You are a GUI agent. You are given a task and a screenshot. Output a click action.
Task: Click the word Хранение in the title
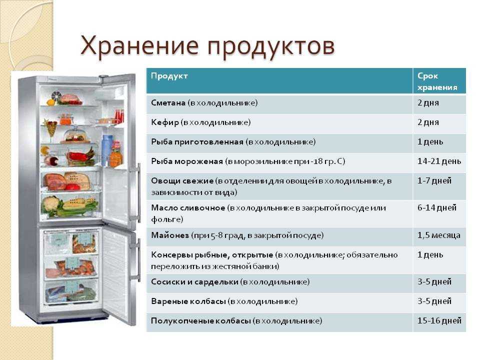[139, 46]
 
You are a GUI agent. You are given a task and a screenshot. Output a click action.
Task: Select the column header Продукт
[169, 76]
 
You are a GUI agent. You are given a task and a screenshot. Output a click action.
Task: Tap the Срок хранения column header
[437, 81]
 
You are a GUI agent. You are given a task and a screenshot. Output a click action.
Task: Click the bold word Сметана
[168, 103]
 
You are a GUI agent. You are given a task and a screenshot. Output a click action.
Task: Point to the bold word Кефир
[165, 122]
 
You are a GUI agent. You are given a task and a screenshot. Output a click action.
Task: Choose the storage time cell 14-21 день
[439, 161]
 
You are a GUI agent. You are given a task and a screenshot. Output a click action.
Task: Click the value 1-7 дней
[434, 181]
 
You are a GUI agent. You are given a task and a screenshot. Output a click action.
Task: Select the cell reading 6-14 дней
[437, 208]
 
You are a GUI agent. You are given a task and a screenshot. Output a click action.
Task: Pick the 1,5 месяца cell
[438, 235]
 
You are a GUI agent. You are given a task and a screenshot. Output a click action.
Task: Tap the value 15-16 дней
[439, 321]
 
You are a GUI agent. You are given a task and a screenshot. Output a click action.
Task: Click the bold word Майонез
[170, 235]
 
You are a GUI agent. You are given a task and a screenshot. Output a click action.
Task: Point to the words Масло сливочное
[188, 208]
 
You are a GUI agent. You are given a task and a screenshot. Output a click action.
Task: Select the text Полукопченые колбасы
[201, 321]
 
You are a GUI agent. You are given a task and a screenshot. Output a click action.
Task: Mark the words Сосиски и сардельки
[194, 281]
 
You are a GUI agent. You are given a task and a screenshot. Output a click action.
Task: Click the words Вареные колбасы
[188, 301]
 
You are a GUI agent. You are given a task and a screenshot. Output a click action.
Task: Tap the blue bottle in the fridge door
[107, 149]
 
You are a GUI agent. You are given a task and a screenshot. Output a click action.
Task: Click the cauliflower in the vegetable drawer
[50, 204]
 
